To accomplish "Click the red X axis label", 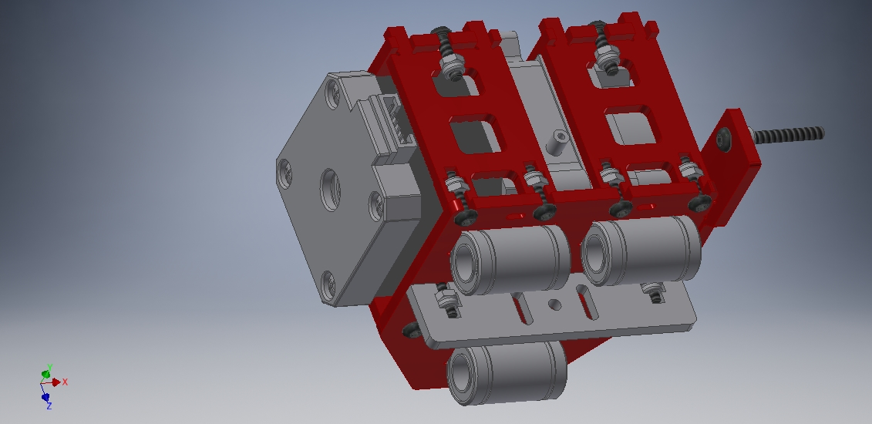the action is point(65,382).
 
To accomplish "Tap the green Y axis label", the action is point(50,367).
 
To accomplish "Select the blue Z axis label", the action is point(49,406).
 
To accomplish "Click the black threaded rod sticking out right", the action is point(789,134).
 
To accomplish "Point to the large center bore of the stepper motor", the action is point(330,190).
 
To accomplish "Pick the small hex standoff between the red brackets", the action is point(557,142).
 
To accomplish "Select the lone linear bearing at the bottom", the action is point(506,372).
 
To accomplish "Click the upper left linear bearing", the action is point(510,258).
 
